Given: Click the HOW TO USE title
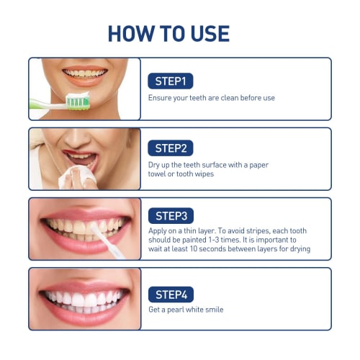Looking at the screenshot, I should (x=168, y=33).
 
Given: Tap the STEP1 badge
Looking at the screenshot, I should (x=171, y=81).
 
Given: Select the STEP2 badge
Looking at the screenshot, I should (x=171, y=148).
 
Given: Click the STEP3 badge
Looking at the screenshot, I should (x=171, y=215).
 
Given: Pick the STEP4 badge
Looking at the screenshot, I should (x=171, y=294).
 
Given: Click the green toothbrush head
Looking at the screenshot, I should (x=77, y=101).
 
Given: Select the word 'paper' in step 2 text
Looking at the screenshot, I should (x=258, y=165).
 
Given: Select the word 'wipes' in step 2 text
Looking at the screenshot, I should (x=204, y=174).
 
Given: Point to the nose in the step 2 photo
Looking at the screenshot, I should (x=81, y=136).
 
